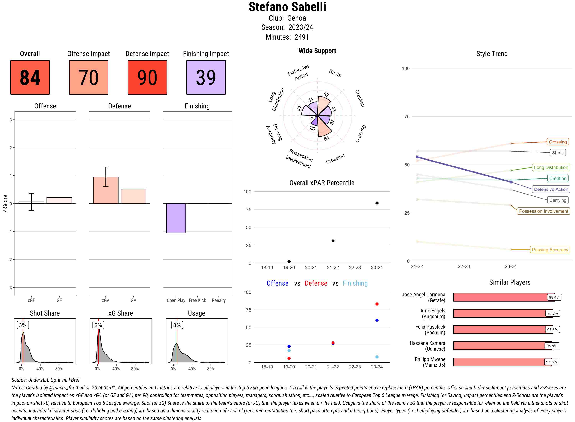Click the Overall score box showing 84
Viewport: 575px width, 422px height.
[30, 77]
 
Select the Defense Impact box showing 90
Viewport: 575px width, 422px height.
[147, 77]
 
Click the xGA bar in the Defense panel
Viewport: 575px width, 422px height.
[106, 190]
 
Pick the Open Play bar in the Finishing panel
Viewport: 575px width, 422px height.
[176, 218]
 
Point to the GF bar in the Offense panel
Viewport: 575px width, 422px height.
[59, 200]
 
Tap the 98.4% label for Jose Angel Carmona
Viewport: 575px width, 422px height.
[554, 297]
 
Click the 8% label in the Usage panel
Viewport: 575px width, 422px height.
[177, 325]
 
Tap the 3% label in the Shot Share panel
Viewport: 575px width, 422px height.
[23, 325]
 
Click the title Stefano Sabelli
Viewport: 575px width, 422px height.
[287, 7]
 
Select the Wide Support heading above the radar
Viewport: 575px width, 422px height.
[317, 51]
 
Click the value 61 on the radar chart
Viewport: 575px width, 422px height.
[327, 138]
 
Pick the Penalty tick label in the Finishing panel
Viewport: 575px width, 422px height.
[219, 300]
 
